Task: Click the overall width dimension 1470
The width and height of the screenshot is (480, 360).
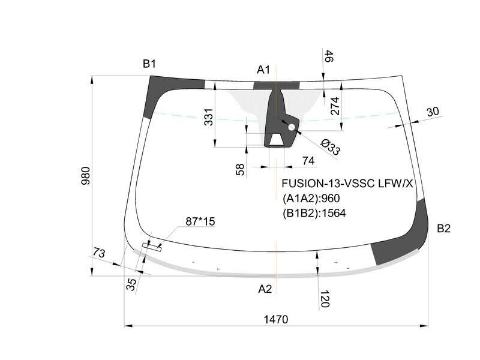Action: (x=276, y=319)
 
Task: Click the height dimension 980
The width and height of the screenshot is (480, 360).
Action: (x=86, y=176)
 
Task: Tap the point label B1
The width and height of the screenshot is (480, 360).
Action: (x=149, y=64)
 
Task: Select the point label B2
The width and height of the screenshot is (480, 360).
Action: (x=443, y=229)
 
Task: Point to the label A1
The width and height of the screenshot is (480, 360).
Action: (x=263, y=70)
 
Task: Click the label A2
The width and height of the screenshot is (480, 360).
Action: (x=265, y=289)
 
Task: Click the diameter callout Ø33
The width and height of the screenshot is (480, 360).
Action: (x=330, y=147)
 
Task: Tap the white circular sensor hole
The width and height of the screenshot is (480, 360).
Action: (x=292, y=127)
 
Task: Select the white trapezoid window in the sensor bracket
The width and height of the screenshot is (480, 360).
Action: (x=277, y=139)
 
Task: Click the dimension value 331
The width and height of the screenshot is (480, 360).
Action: (x=208, y=117)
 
